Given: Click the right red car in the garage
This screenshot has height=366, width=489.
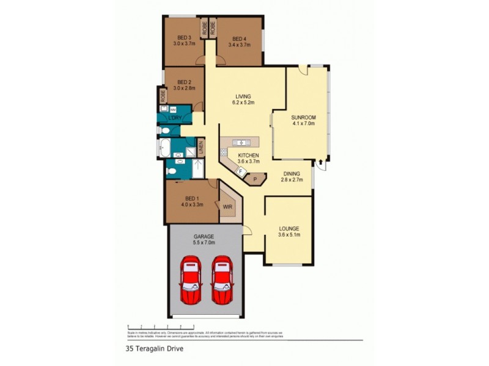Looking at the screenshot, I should coord(222,280).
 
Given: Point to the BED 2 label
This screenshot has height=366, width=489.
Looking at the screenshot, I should coord(185,82).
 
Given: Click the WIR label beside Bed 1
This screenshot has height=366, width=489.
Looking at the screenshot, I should coord(227,206).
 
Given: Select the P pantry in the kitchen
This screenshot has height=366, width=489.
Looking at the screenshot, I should coord(255,179).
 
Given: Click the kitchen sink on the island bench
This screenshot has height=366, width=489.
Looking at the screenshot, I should coord(241,143).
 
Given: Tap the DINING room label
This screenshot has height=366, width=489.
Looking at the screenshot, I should coord(291,174).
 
